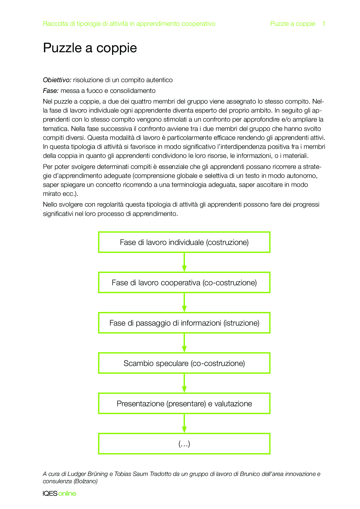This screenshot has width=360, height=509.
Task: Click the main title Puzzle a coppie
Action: click(x=90, y=48)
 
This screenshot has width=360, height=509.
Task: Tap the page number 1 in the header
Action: click(x=323, y=24)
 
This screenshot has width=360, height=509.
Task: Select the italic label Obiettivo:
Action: click(x=57, y=80)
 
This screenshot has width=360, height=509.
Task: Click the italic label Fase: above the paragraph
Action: click(x=51, y=91)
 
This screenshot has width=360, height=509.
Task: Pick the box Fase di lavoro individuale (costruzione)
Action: click(x=184, y=242)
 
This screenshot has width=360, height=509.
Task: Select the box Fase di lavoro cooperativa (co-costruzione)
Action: click(x=184, y=283)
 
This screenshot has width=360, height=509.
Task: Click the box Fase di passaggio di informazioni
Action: click(x=184, y=323)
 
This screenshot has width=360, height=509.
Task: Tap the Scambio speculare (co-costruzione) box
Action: click(x=184, y=363)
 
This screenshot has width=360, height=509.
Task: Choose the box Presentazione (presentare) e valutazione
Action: click(x=184, y=404)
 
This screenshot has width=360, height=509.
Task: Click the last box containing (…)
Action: click(x=184, y=444)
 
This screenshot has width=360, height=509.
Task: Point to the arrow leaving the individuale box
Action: click(x=184, y=262)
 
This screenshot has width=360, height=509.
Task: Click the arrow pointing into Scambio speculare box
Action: click(x=184, y=343)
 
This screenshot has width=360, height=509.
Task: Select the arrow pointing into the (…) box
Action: click(x=184, y=424)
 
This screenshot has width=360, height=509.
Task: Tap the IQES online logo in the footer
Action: click(x=59, y=494)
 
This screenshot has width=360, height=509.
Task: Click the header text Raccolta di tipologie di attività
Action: click(x=129, y=24)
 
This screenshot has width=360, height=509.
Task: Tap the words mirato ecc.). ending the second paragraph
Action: click(x=61, y=194)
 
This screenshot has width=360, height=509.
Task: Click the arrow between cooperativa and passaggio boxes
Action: click(x=184, y=303)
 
